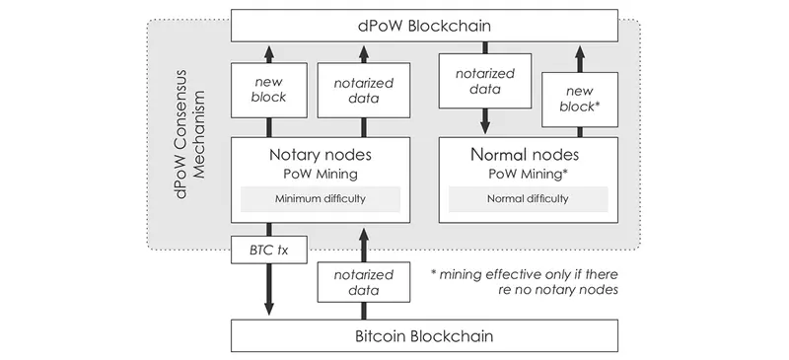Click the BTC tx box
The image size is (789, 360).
(269, 252)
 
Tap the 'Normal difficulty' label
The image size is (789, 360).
(529, 198)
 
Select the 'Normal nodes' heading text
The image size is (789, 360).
(529, 155)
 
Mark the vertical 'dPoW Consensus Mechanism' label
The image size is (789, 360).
(190, 132)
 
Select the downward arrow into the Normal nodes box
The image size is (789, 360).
(483, 122)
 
